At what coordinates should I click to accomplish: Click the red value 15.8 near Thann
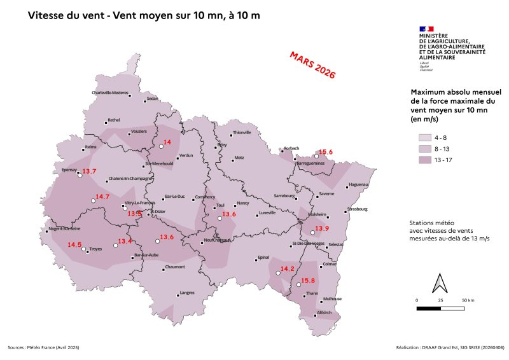pos(308,280)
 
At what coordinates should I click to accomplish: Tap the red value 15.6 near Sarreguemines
pos(326,151)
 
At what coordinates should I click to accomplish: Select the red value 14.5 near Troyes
pos(74,245)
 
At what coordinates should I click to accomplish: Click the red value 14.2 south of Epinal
pos(288,269)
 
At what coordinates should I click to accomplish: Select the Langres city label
pos(187,293)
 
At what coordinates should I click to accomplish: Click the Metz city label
pos(239,157)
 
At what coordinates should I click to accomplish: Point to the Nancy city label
pos(242,204)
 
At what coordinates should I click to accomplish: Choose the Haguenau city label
pos(359,185)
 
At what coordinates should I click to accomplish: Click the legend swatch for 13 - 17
pos(424,160)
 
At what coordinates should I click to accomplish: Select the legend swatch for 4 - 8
pos(424,137)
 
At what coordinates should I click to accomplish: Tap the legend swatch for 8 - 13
pos(424,149)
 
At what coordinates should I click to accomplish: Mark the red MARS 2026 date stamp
pos(312,65)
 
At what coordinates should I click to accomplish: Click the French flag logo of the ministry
pos(426,29)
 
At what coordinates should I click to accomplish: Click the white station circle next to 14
pos(161,146)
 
